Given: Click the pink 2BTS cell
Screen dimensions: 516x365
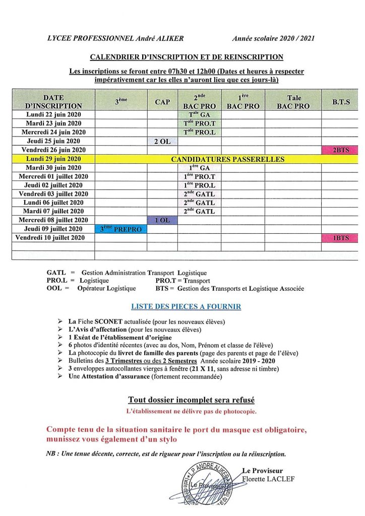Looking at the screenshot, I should [336, 150].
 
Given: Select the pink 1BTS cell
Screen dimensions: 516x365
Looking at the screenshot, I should [336, 237].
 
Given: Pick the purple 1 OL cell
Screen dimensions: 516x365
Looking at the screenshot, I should [162, 220].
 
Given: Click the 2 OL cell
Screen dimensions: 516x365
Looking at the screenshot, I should [162, 142].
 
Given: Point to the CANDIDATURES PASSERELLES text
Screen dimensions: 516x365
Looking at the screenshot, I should [227, 159].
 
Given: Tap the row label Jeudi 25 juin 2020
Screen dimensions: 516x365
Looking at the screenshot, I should [53, 141].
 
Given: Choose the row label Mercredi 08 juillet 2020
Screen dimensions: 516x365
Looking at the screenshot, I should [53, 220].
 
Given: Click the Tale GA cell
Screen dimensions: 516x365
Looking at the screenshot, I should [199, 115].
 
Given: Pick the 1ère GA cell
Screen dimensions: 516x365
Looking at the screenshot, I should [199, 168].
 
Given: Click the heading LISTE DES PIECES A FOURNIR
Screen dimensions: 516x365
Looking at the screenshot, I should [186, 306].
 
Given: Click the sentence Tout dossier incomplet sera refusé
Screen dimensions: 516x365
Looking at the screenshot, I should [191, 400].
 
